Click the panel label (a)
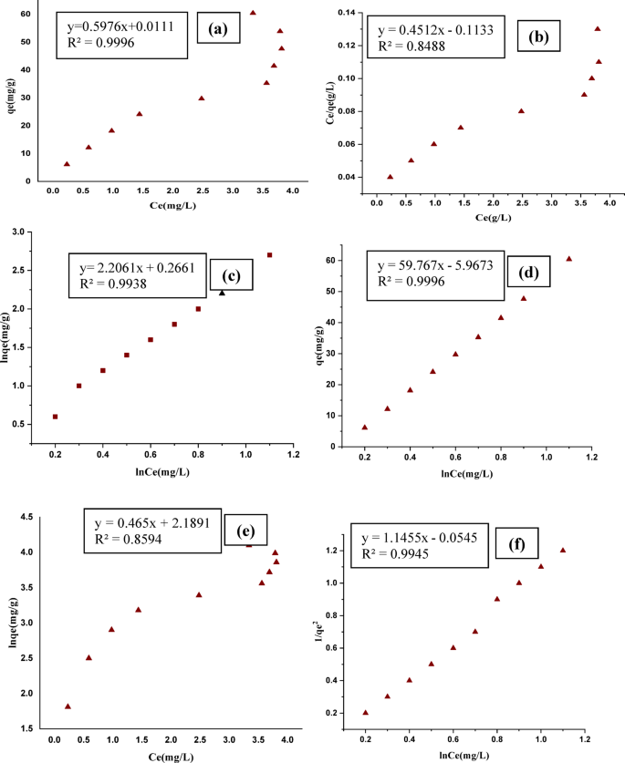pos(218,28)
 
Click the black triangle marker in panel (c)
pos(222,293)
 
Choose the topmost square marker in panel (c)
pos(269,255)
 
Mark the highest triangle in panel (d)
pos(568,259)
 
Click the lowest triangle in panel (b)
pos(391,177)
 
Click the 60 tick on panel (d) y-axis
pos(350,260)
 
